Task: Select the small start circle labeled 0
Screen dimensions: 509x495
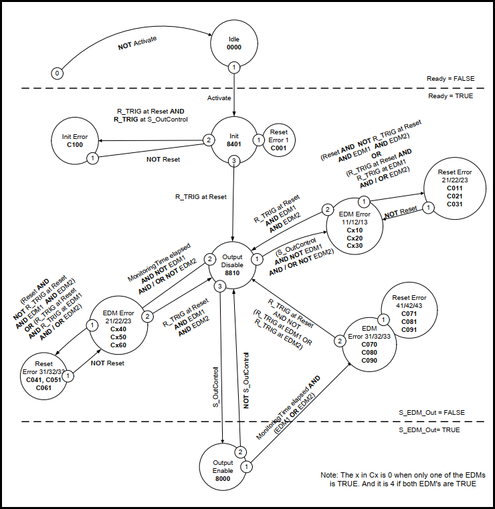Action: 58,73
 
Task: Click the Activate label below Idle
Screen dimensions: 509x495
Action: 219,98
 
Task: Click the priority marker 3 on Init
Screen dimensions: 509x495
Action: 233,161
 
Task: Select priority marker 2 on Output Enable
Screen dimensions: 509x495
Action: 238,451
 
